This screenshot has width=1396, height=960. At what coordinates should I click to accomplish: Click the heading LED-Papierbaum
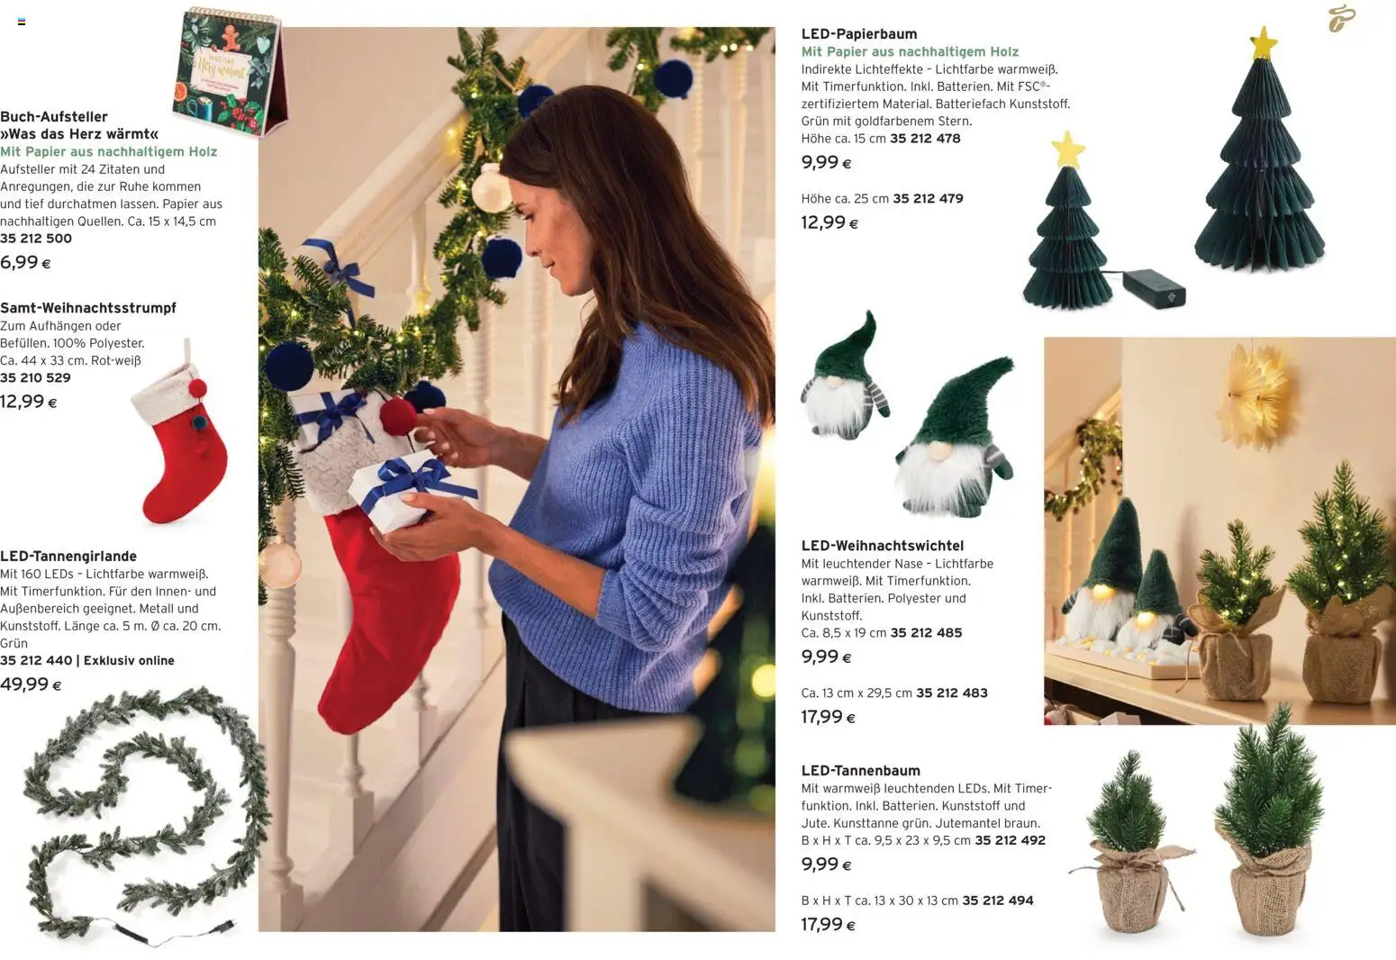tap(859, 33)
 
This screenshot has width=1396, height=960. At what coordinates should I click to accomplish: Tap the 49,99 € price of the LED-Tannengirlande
tap(31, 684)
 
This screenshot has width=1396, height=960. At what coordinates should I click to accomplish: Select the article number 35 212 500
tap(35, 238)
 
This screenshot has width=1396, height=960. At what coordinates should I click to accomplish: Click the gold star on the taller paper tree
tap(1264, 42)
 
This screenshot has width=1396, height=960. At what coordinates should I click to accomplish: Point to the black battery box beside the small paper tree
tap(1155, 288)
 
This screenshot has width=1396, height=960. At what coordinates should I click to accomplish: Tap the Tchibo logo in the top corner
tap(1341, 19)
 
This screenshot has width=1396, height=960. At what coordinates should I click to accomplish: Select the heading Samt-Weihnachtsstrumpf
tap(88, 308)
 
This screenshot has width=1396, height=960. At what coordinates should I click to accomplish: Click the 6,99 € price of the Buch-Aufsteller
tap(25, 262)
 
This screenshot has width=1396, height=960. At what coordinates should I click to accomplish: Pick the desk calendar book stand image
tap(230, 72)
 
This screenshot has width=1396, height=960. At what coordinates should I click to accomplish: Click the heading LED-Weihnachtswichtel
tap(883, 546)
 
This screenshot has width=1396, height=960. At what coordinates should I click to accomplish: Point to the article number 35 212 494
tap(998, 901)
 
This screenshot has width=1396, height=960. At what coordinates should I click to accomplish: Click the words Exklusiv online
tap(129, 660)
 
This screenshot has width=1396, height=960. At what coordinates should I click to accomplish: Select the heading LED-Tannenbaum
tap(861, 771)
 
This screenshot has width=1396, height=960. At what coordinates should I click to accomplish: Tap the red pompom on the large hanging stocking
tap(398, 415)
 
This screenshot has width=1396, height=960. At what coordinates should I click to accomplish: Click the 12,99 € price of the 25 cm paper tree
tap(829, 222)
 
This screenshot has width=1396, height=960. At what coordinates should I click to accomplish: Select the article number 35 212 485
tap(926, 632)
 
